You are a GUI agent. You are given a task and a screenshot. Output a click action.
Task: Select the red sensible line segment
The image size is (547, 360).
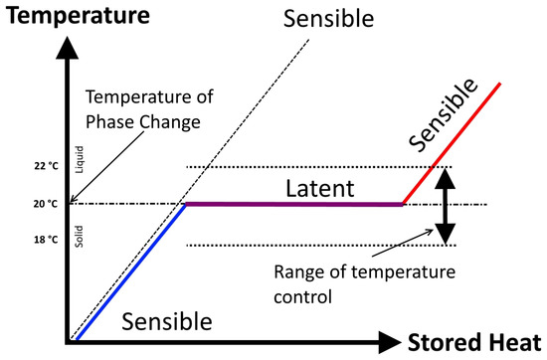457,140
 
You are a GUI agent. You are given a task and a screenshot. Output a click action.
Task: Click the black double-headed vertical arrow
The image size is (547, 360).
447,205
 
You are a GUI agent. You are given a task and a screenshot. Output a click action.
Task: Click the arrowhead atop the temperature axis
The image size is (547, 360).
71,45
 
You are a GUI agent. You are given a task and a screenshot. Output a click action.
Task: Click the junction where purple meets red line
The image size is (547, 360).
402,204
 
